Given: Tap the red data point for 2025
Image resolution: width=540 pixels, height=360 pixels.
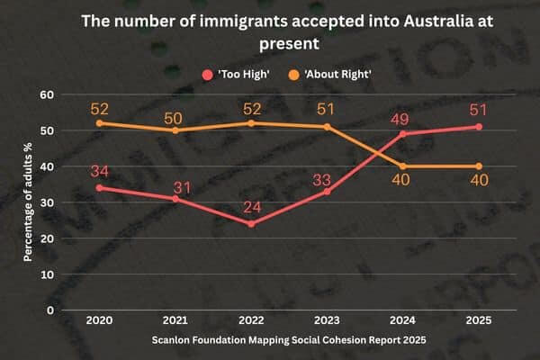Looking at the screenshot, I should [479, 127].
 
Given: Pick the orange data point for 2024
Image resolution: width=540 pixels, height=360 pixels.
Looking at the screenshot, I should [402, 166].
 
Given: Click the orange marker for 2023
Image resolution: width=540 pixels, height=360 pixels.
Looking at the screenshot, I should [326, 127].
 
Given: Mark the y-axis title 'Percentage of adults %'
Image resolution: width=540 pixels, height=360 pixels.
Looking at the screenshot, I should [29, 202].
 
